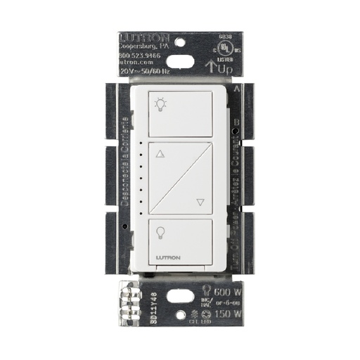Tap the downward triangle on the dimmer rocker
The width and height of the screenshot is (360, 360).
pos(200,202)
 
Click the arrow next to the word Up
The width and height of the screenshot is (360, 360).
pos(210,67)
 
